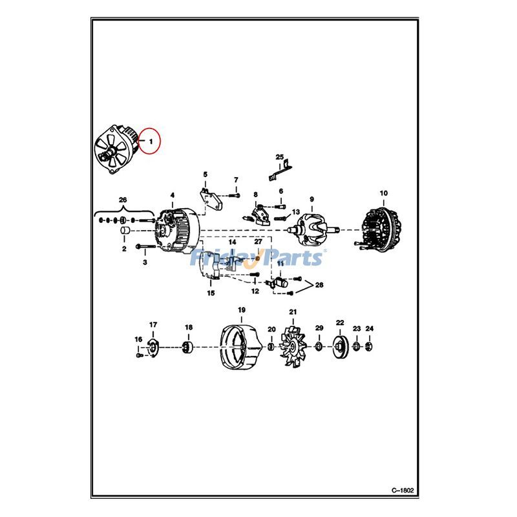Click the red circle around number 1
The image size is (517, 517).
(150, 140)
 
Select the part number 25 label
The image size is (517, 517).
(280, 157)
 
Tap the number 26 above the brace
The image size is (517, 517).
(123, 199)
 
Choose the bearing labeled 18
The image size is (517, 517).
(188, 348)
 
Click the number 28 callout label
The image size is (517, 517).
(320, 285)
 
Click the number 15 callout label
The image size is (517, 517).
(211, 293)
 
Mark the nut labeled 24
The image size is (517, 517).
(369, 348)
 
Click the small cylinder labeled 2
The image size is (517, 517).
(125, 231)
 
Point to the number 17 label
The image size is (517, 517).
(153, 324)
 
